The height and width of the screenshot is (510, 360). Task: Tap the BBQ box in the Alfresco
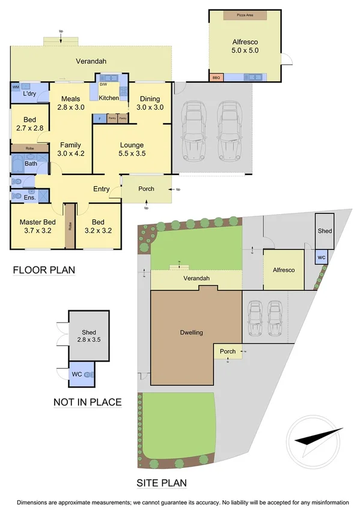[216, 78]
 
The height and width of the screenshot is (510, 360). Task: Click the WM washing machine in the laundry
[16, 87]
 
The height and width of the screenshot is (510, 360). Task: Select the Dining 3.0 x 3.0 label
[150, 103]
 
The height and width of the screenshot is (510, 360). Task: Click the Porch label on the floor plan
[146, 189]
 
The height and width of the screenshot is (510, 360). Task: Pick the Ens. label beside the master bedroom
[29, 196]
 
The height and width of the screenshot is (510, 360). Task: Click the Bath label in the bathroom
[31, 164]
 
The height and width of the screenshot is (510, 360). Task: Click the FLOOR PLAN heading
[44, 270]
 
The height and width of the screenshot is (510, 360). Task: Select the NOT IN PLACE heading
[87, 402]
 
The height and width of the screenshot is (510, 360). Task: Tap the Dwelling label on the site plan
[191, 332]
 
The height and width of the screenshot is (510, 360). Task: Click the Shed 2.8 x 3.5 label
[89, 336]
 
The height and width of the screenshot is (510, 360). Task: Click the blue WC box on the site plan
[322, 257]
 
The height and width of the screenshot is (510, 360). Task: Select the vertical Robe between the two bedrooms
[69, 227]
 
